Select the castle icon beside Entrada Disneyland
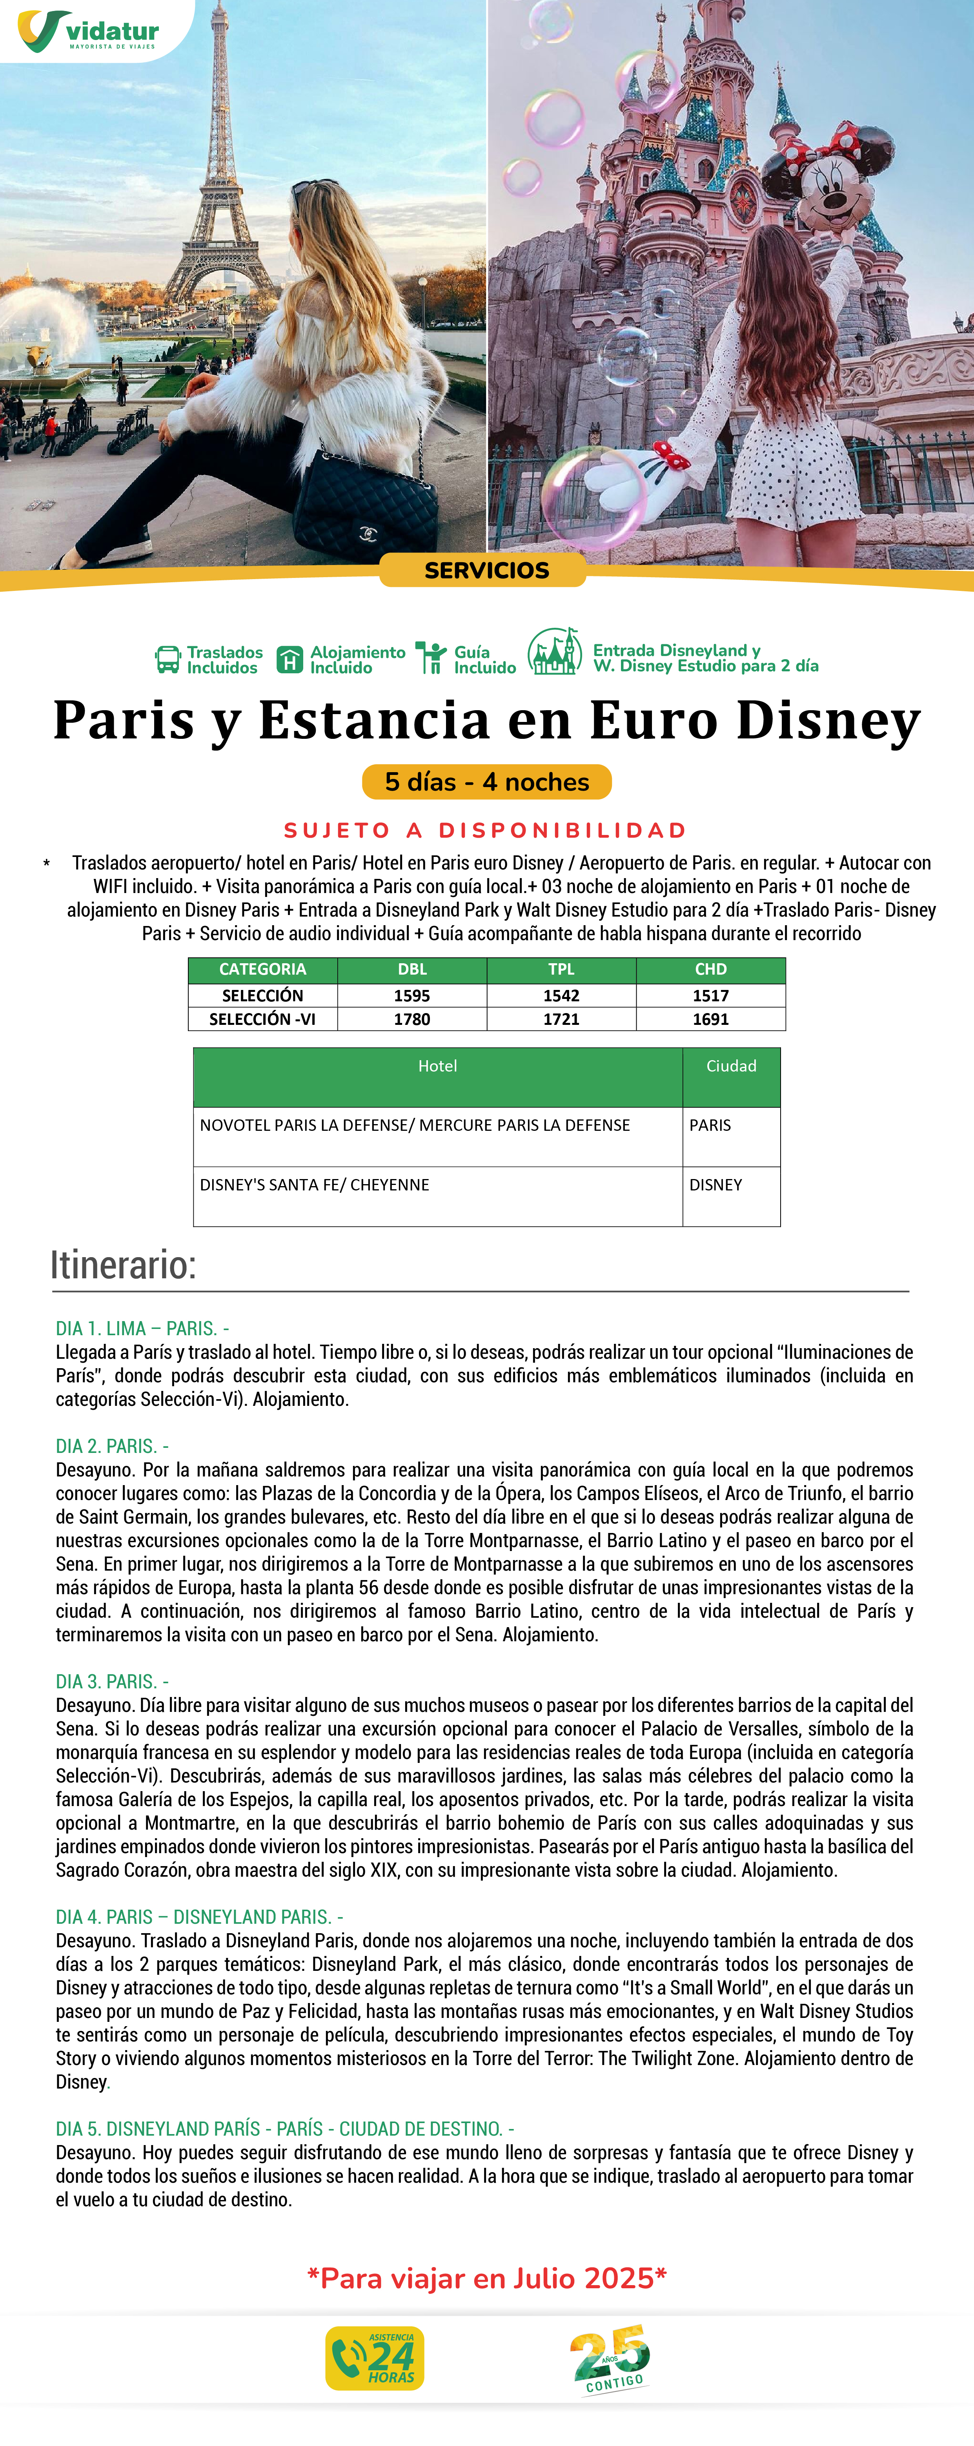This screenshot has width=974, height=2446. pyautogui.click(x=554, y=653)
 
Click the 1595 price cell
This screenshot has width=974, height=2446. pyautogui.click(x=412, y=995)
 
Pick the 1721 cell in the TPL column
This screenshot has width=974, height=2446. pyautogui.click(x=561, y=1019)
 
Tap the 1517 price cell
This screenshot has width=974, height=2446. pyautogui.click(x=710, y=995)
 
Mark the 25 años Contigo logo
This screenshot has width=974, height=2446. pyautogui.click(x=610, y=2359)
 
